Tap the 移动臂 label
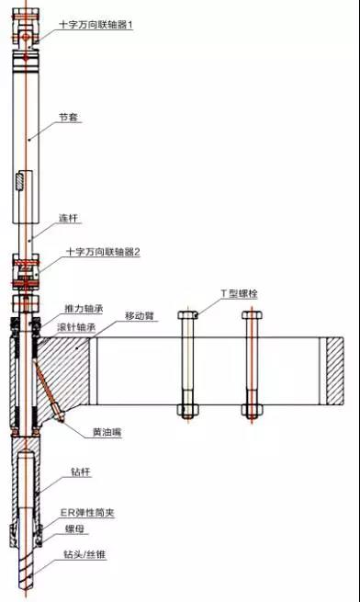point(140,315)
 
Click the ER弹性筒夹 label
point(88,511)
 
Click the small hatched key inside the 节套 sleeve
point(21,181)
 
